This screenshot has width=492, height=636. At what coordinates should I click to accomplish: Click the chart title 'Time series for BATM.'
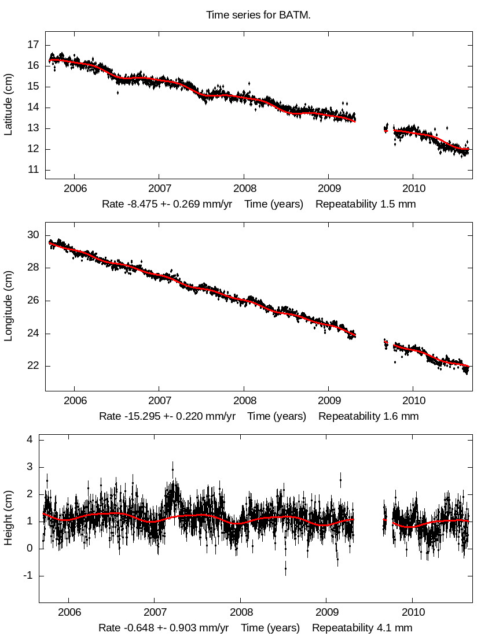coord(258,15)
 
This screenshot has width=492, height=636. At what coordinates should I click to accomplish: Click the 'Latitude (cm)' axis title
coord(8,105)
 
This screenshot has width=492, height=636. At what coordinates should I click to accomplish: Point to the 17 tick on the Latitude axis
coord(34,45)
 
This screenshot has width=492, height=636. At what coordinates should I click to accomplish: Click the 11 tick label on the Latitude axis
coord(34,170)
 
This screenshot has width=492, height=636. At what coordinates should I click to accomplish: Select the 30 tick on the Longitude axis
coord(34,235)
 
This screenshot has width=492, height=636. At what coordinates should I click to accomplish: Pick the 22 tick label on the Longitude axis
coord(34,366)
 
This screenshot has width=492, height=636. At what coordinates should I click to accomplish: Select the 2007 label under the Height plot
coord(155,612)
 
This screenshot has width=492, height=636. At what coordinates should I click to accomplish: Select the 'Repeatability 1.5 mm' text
coord(366,204)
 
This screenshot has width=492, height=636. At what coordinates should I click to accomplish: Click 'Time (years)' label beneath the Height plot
coord(270,628)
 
